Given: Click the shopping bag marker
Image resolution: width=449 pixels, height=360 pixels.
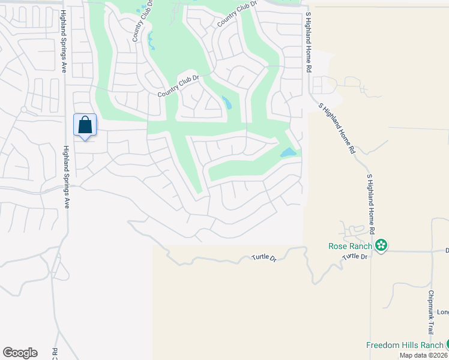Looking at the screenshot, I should pyautogui.click(x=85, y=125).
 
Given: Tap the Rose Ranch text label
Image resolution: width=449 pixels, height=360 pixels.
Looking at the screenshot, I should pyautogui.click(x=351, y=245).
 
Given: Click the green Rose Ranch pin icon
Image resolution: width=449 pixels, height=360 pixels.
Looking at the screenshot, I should pyautogui.click(x=381, y=245).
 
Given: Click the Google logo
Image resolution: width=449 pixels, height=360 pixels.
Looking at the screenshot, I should pyautogui.click(x=20, y=353).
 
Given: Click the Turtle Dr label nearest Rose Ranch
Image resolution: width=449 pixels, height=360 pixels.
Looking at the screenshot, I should pyautogui.click(x=355, y=257).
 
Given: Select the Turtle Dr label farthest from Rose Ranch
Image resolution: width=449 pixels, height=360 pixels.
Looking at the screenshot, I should pyautogui.click(x=264, y=259).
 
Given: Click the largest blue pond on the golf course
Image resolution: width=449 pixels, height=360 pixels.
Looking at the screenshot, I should pyautogui.click(x=289, y=152).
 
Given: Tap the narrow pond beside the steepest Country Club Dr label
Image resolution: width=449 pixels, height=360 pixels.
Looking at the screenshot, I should pyautogui.click(x=151, y=41).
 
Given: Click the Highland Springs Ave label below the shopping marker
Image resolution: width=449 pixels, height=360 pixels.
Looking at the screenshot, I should pyautogui.click(x=66, y=177).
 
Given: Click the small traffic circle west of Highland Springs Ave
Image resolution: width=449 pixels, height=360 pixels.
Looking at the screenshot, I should pyautogui.click(x=24, y=110).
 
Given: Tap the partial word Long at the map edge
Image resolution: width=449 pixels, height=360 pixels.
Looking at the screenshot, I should pyautogui.click(x=442, y=312).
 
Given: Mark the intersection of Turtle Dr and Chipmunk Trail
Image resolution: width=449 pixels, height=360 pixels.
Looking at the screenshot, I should pyautogui.click(x=432, y=251).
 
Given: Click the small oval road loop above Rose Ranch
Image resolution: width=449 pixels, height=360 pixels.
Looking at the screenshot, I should pyautogui.click(x=358, y=229).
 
